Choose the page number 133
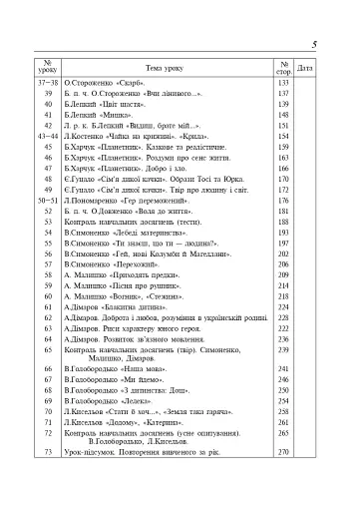click(x=282, y=84)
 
